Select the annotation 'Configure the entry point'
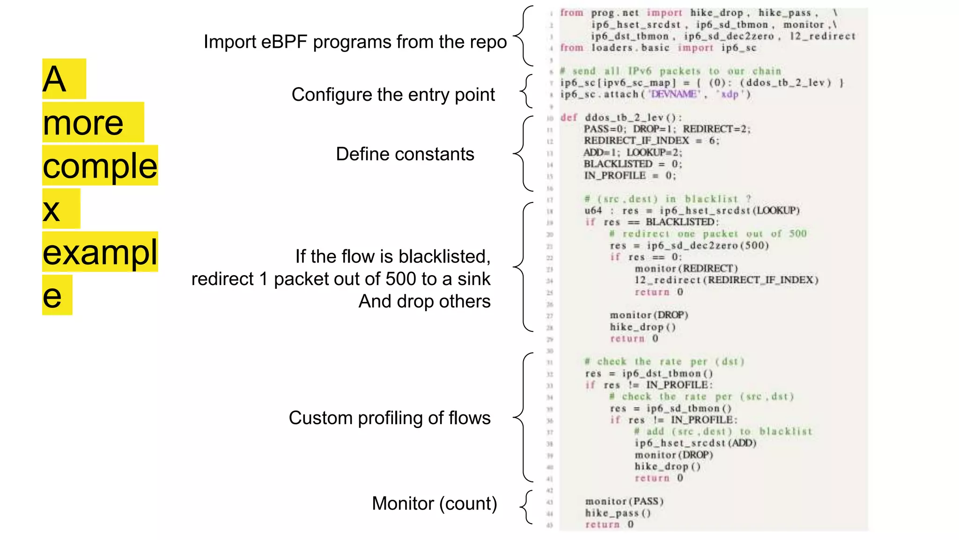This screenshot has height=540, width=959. pos(393,95)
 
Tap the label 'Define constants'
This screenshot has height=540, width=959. pos(405,154)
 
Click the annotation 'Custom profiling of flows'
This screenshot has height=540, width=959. pos(389,418)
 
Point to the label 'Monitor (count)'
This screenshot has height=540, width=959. pos(434,503)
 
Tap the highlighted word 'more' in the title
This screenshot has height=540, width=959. pos(84,123)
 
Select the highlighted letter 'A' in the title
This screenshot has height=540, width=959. pos(55,79)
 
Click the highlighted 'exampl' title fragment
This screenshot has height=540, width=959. pos(100,252)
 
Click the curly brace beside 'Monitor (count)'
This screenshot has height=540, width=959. pos(526,506)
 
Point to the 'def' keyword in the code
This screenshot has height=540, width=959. pos(569,118)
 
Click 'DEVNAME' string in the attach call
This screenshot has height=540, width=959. pos(674,94)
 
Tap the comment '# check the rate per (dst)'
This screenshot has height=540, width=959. pos(664,361)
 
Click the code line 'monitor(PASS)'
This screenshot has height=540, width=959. pos(624,502)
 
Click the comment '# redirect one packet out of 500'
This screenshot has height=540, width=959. pos(708,234)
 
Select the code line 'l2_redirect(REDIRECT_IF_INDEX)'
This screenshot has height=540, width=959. pos(726,280)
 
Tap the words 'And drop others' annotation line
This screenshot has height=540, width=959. pos(424,301)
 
